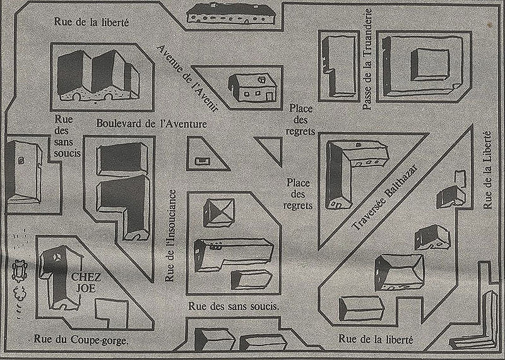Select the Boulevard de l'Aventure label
click(x=151, y=124)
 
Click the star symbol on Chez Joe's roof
click(x=56, y=257)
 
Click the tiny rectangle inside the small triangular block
click(x=203, y=160)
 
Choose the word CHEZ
click(x=83, y=277)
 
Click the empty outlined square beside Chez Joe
click(x=110, y=312)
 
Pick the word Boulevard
click(x=121, y=124)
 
